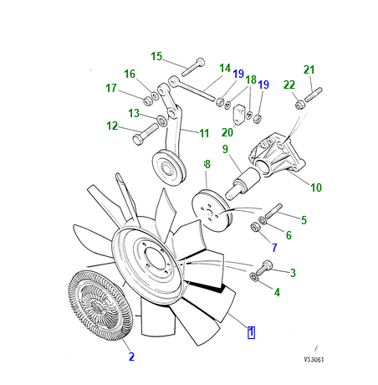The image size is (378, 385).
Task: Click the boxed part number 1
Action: [251, 332]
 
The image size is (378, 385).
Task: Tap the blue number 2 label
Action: [131, 357]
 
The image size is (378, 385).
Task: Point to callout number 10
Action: [316, 187]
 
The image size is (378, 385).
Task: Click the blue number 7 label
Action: [272, 248]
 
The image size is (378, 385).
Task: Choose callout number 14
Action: [224, 68]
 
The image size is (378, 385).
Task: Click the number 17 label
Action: [110, 89]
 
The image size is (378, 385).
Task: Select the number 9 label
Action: [224, 149]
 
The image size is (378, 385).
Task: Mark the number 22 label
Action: [288, 85]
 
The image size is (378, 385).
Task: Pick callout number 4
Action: [277, 292]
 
